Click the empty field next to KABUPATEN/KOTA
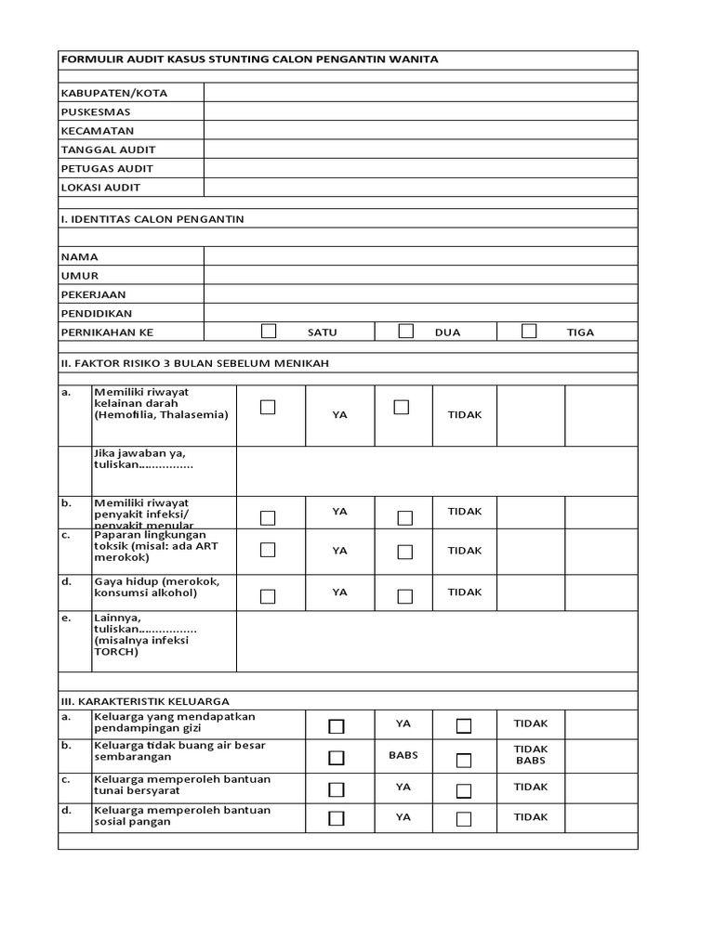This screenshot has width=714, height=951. point(420,93)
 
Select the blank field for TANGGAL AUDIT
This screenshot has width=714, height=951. point(420,150)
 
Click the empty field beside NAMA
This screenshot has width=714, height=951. point(420,256)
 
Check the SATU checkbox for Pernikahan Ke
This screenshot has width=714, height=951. point(269,331)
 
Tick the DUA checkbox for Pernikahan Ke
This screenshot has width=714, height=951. point(405,331)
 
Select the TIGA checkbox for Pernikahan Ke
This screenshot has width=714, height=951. point(529,331)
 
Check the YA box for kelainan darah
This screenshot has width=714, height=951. point(268,408)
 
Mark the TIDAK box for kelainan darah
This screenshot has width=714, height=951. point(402,408)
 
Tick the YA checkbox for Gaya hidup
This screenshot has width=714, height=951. point(268,596)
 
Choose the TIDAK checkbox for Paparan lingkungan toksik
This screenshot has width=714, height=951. point(404,552)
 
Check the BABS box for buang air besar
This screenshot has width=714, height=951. point(337,759)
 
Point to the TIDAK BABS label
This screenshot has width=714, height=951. point(531,755)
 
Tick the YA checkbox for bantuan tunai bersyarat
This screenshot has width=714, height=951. point(337,789)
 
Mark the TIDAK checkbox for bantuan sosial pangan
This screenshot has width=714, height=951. point(464,819)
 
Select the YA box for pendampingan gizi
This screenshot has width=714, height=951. point(337,726)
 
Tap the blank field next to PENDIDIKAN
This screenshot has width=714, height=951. point(420,313)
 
